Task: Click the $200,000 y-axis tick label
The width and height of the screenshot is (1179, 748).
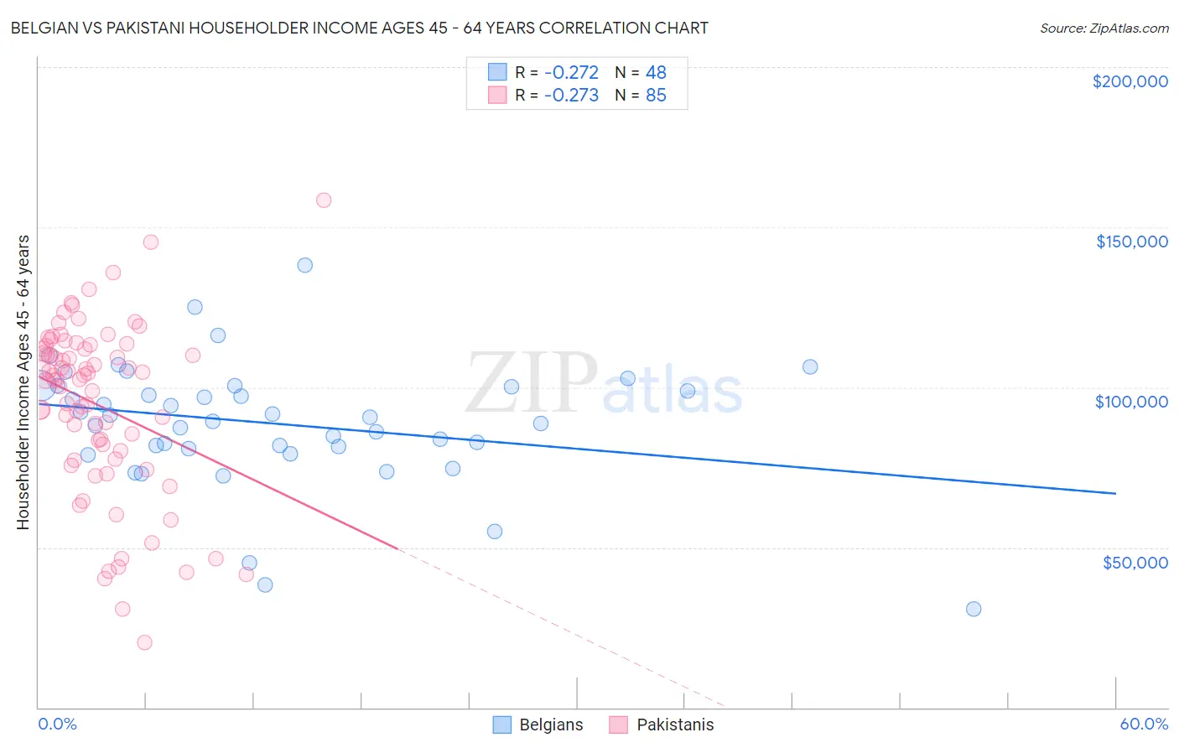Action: (1130, 81)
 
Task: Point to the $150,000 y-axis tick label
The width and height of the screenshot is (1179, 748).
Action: (1131, 242)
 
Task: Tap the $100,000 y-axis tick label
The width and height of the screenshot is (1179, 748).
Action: (1131, 402)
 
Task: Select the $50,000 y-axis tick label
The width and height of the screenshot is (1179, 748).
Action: (1135, 562)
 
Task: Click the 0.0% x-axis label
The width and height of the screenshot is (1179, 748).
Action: (57, 724)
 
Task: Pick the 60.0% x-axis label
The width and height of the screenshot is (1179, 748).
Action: (1143, 724)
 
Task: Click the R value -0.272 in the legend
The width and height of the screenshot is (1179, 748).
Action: (571, 73)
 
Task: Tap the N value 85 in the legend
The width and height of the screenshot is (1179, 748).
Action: (656, 96)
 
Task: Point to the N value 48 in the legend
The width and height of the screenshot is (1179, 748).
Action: (656, 73)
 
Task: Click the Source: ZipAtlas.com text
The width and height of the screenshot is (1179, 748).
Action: (1104, 29)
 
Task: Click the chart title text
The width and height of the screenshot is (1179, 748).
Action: (359, 28)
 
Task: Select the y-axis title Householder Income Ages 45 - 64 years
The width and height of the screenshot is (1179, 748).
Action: (23, 382)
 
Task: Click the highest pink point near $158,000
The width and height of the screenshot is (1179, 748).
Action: (324, 200)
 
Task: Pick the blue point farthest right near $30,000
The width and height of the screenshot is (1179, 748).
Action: (974, 609)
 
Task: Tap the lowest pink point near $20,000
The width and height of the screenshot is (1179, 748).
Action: (144, 642)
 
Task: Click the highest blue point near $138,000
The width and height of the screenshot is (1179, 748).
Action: (305, 265)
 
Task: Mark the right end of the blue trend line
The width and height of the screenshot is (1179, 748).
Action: (1115, 494)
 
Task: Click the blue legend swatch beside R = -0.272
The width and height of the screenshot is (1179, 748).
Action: (497, 73)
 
